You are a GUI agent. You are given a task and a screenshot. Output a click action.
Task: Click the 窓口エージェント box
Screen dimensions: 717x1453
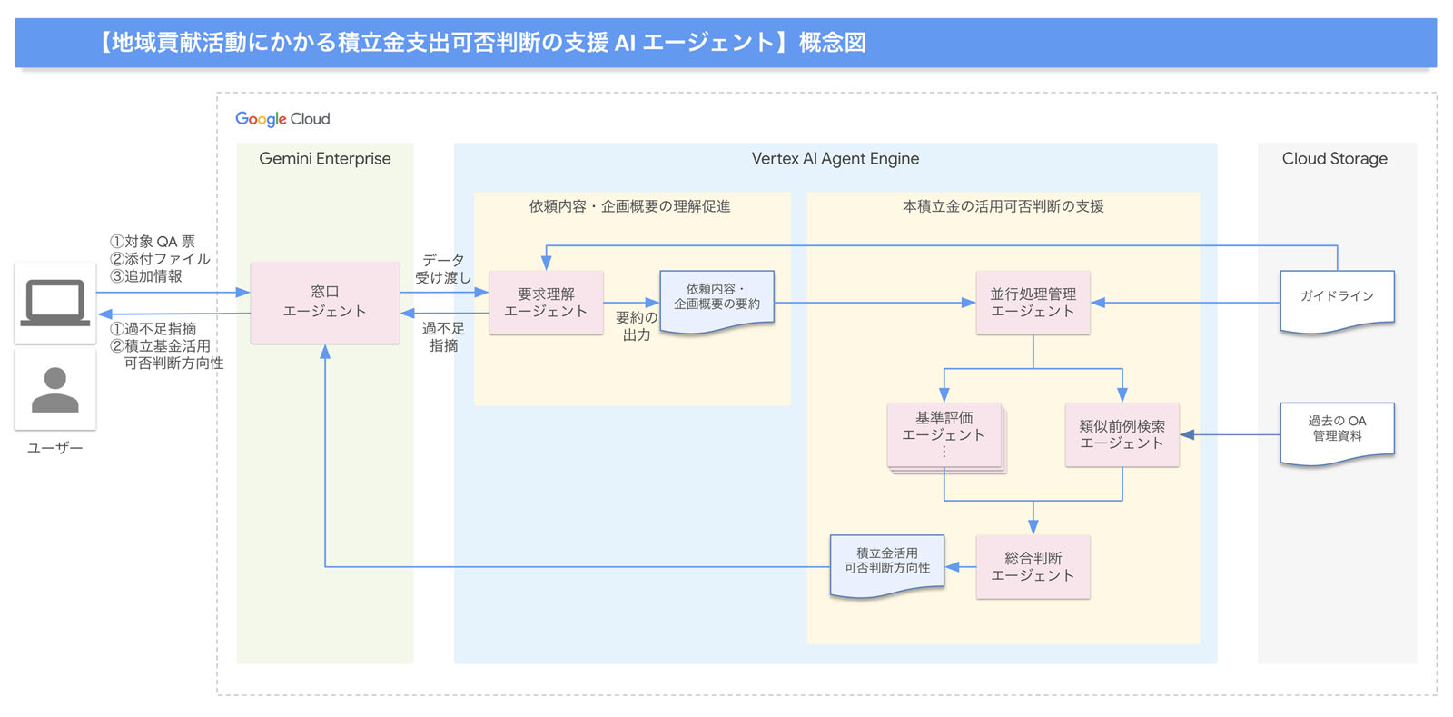pos(324,302)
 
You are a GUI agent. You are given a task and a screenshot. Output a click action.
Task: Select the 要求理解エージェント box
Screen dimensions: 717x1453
pos(546,303)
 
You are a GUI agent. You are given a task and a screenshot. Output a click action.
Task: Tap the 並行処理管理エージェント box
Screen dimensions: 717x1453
pos(1033,303)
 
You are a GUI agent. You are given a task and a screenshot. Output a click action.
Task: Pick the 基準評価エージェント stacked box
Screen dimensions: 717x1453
pos(944,435)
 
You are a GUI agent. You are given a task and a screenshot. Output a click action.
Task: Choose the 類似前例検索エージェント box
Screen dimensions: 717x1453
pos(1122,435)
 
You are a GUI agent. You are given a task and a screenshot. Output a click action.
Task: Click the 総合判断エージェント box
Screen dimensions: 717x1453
pos(1033,567)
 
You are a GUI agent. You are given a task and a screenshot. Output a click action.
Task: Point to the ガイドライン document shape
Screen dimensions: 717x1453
pos(1337,298)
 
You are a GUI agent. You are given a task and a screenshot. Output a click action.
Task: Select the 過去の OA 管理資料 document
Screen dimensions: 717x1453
pos(1337,430)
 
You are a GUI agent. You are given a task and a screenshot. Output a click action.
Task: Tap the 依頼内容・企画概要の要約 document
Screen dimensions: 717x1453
pos(717,298)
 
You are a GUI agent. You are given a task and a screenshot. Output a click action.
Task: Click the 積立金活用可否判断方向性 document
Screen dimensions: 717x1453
pos(887,563)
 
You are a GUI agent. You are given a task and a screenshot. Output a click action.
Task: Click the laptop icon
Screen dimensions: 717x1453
pos(55,303)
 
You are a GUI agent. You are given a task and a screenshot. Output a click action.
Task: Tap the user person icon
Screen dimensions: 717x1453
pos(55,391)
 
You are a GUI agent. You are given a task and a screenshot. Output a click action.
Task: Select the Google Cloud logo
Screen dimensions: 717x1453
pos(282,119)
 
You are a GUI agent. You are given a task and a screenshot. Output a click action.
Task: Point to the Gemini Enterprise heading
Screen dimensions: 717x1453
pos(324,159)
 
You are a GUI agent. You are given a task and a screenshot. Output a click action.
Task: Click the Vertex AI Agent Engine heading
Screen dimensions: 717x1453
pos(835,159)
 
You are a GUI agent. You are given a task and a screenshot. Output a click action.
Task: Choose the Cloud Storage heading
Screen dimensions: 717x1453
pos(1334,159)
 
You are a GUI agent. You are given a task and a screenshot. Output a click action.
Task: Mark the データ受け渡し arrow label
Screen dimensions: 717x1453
pos(443,269)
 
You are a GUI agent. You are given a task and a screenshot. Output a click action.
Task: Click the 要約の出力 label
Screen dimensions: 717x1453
pos(636,326)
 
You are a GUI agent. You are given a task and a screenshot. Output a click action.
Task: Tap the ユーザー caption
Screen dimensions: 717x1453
pos(54,448)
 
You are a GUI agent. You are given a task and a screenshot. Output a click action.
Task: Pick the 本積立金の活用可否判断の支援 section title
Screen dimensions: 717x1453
pos(1003,207)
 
